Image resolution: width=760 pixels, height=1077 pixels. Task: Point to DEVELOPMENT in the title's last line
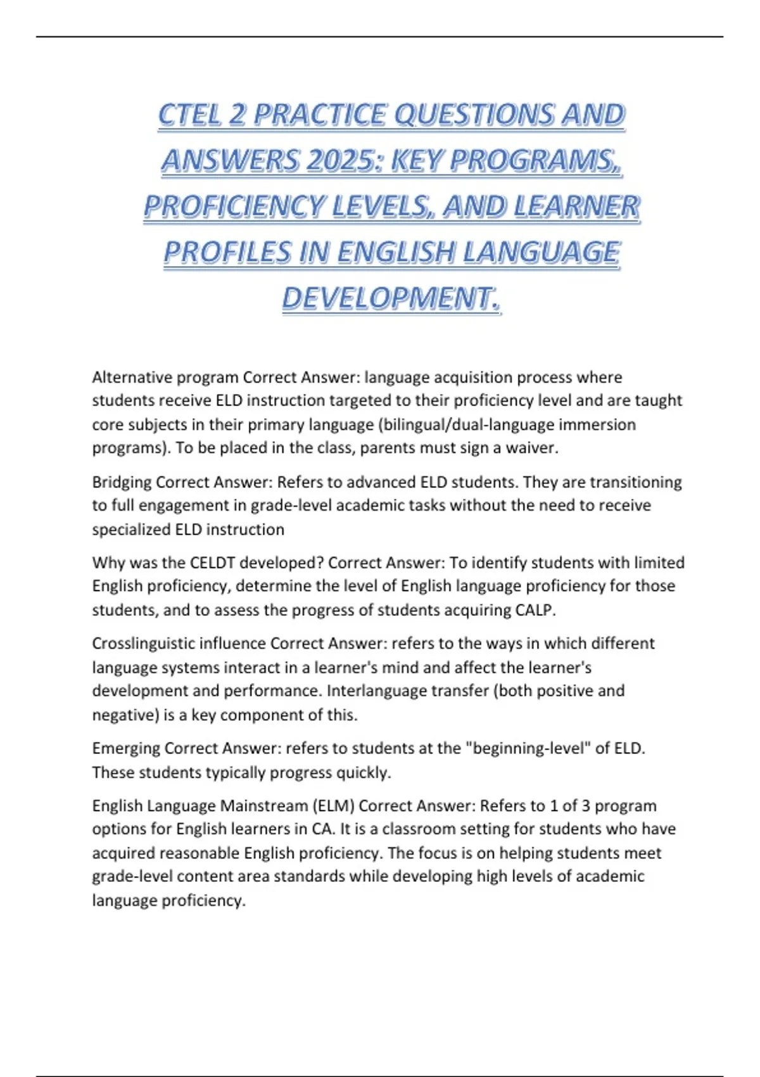coord(391,298)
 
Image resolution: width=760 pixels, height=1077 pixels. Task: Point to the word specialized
coord(131,530)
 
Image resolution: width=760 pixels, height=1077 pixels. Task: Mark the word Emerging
coord(125,749)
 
